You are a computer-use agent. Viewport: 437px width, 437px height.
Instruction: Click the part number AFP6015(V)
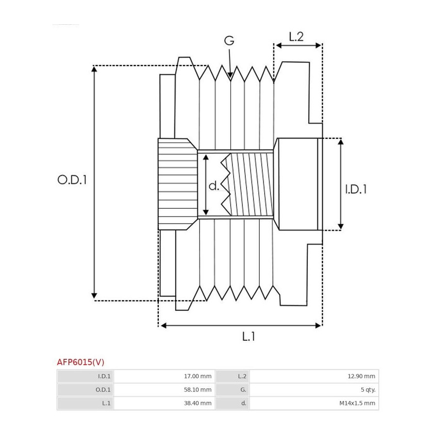(x=81, y=362)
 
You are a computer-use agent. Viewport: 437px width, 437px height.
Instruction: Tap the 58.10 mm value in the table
(x=198, y=389)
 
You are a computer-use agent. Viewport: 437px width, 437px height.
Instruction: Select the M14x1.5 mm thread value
(x=357, y=403)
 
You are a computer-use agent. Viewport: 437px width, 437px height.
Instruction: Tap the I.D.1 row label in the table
(x=104, y=376)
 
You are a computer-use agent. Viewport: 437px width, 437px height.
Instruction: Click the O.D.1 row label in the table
(x=103, y=389)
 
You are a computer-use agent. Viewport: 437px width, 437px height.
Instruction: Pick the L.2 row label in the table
(x=242, y=376)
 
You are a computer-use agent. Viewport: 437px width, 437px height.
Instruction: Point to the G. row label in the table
(x=243, y=389)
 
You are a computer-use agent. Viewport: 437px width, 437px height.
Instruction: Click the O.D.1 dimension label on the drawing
(x=72, y=180)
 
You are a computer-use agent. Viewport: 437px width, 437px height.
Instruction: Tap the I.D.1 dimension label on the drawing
(x=356, y=189)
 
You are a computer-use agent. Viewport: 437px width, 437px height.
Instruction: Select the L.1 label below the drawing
(x=248, y=336)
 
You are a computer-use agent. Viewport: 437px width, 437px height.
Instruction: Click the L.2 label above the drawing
(x=296, y=36)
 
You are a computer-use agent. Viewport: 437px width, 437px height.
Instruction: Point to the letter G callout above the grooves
(x=229, y=41)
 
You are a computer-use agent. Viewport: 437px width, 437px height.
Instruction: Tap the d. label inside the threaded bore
(x=214, y=185)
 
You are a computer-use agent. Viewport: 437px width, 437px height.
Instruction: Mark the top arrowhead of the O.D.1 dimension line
(x=94, y=69)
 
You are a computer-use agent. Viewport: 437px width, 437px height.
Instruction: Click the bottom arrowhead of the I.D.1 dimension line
(x=340, y=227)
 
